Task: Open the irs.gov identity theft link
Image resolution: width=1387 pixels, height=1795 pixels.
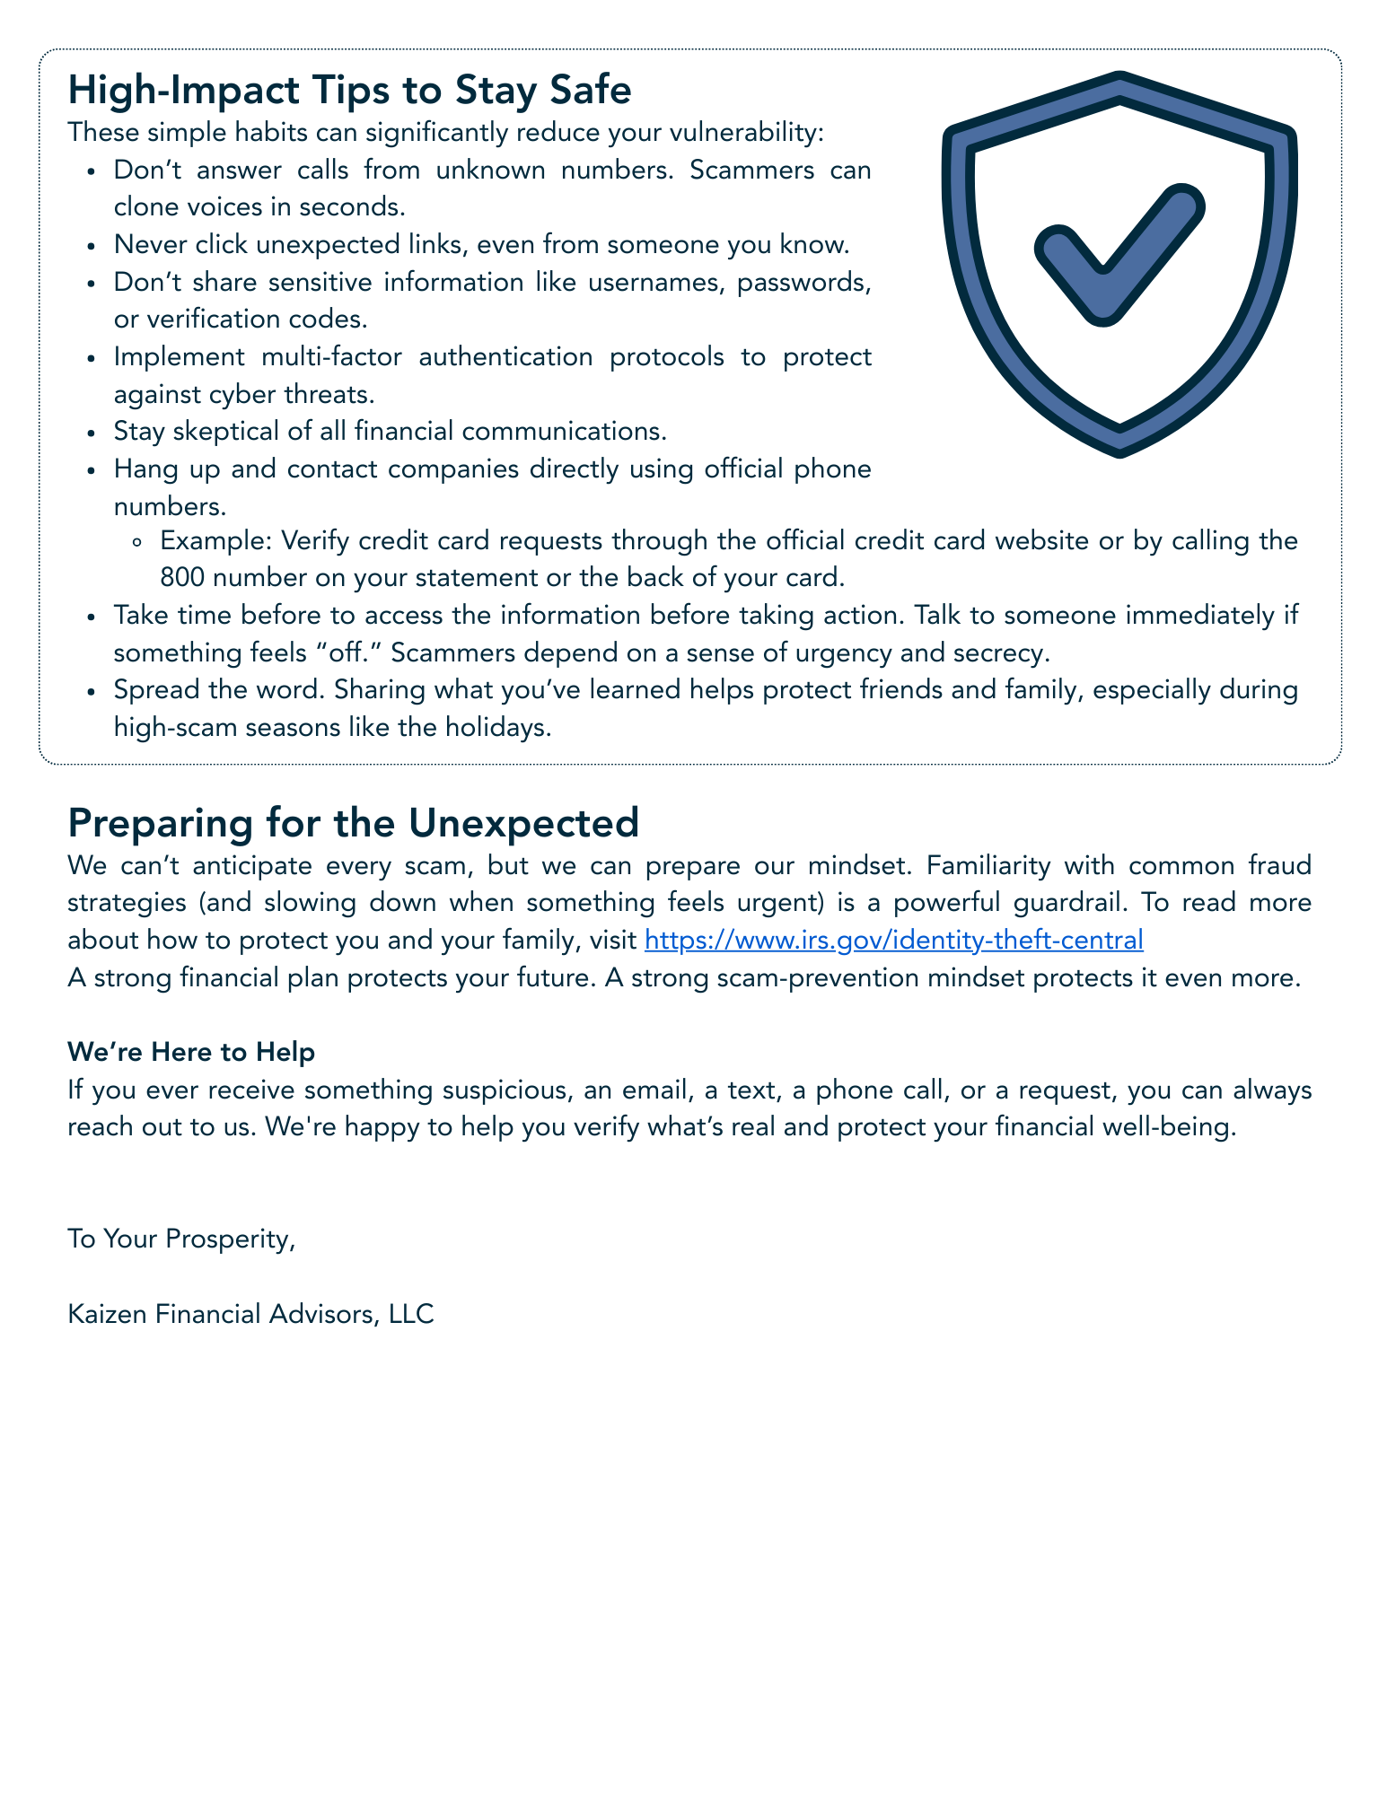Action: tap(893, 940)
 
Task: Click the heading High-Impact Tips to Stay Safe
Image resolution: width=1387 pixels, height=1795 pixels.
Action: tap(349, 91)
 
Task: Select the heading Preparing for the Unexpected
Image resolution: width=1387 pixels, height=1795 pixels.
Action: tap(353, 822)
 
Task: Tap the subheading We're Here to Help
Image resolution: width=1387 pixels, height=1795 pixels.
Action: tap(191, 1052)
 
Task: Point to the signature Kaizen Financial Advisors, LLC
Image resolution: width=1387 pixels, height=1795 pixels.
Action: tap(250, 1314)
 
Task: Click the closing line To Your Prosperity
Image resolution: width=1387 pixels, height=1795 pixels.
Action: tap(181, 1239)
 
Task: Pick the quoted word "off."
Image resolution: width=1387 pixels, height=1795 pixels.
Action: tap(352, 652)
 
